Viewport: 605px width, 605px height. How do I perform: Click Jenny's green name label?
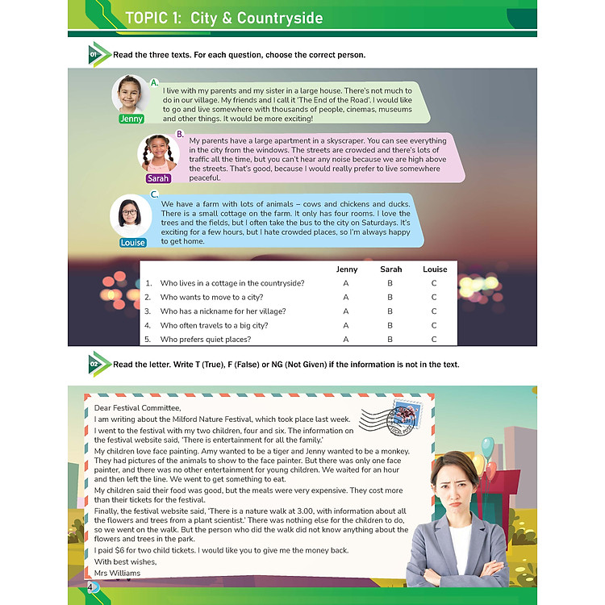point(131,119)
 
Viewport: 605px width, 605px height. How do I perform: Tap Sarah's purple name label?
point(158,178)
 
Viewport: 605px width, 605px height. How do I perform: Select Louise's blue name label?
point(133,242)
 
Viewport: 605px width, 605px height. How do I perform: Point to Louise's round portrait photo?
point(129,216)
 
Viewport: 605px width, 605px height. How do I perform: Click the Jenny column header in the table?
point(347,269)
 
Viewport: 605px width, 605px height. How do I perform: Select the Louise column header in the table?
point(435,269)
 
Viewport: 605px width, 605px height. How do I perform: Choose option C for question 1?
point(434,283)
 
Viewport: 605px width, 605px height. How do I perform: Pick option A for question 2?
point(346,297)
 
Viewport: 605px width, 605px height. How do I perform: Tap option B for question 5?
point(390,340)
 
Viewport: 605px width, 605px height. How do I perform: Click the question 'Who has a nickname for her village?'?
point(223,311)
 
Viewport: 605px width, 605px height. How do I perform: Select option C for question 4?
point(434,325)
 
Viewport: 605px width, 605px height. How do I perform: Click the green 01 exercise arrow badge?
point(98,55)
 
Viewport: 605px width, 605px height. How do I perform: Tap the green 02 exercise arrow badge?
point(98,365)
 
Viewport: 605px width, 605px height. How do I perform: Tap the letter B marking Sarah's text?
point(180,134)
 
